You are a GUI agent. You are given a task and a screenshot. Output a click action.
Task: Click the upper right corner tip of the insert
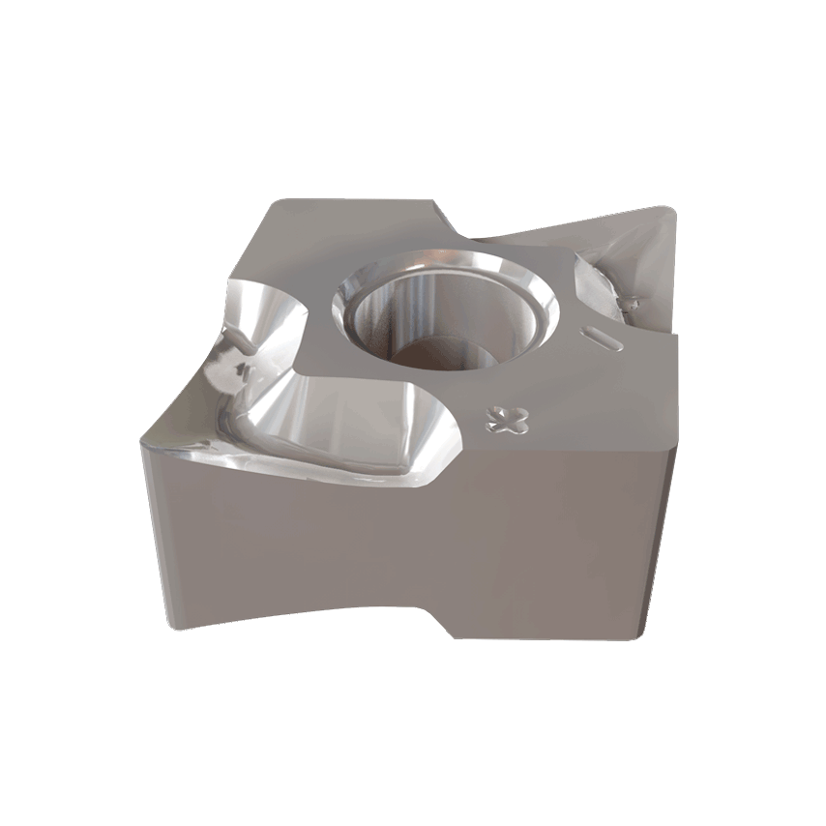[667, 215]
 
